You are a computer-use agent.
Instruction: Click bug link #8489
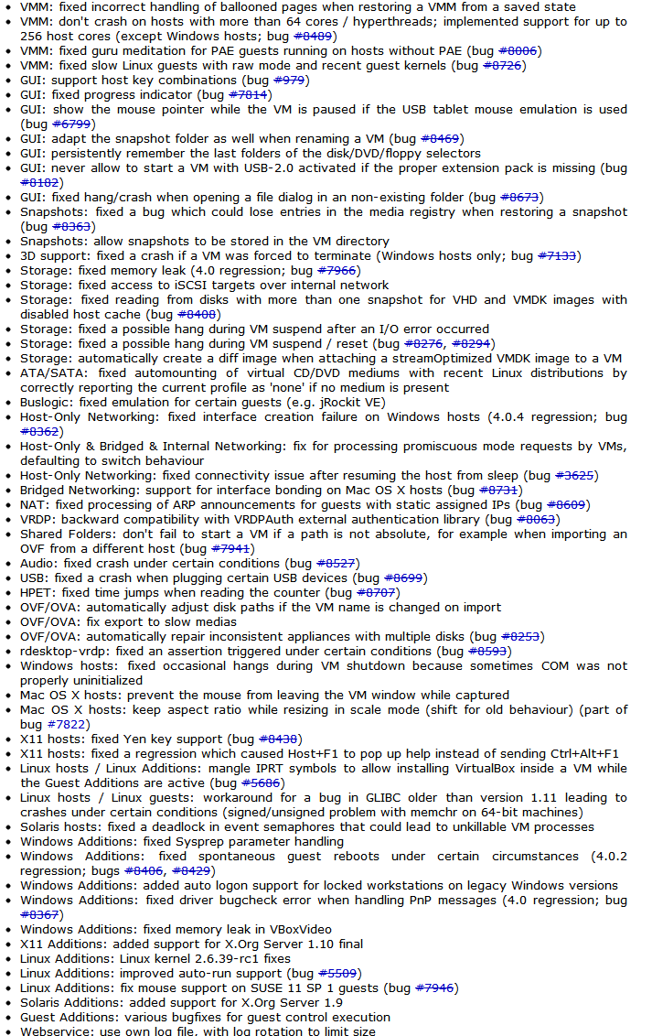314,36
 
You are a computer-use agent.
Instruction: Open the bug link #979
289,80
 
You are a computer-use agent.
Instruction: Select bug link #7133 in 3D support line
557,255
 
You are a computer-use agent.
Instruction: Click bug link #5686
261,782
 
